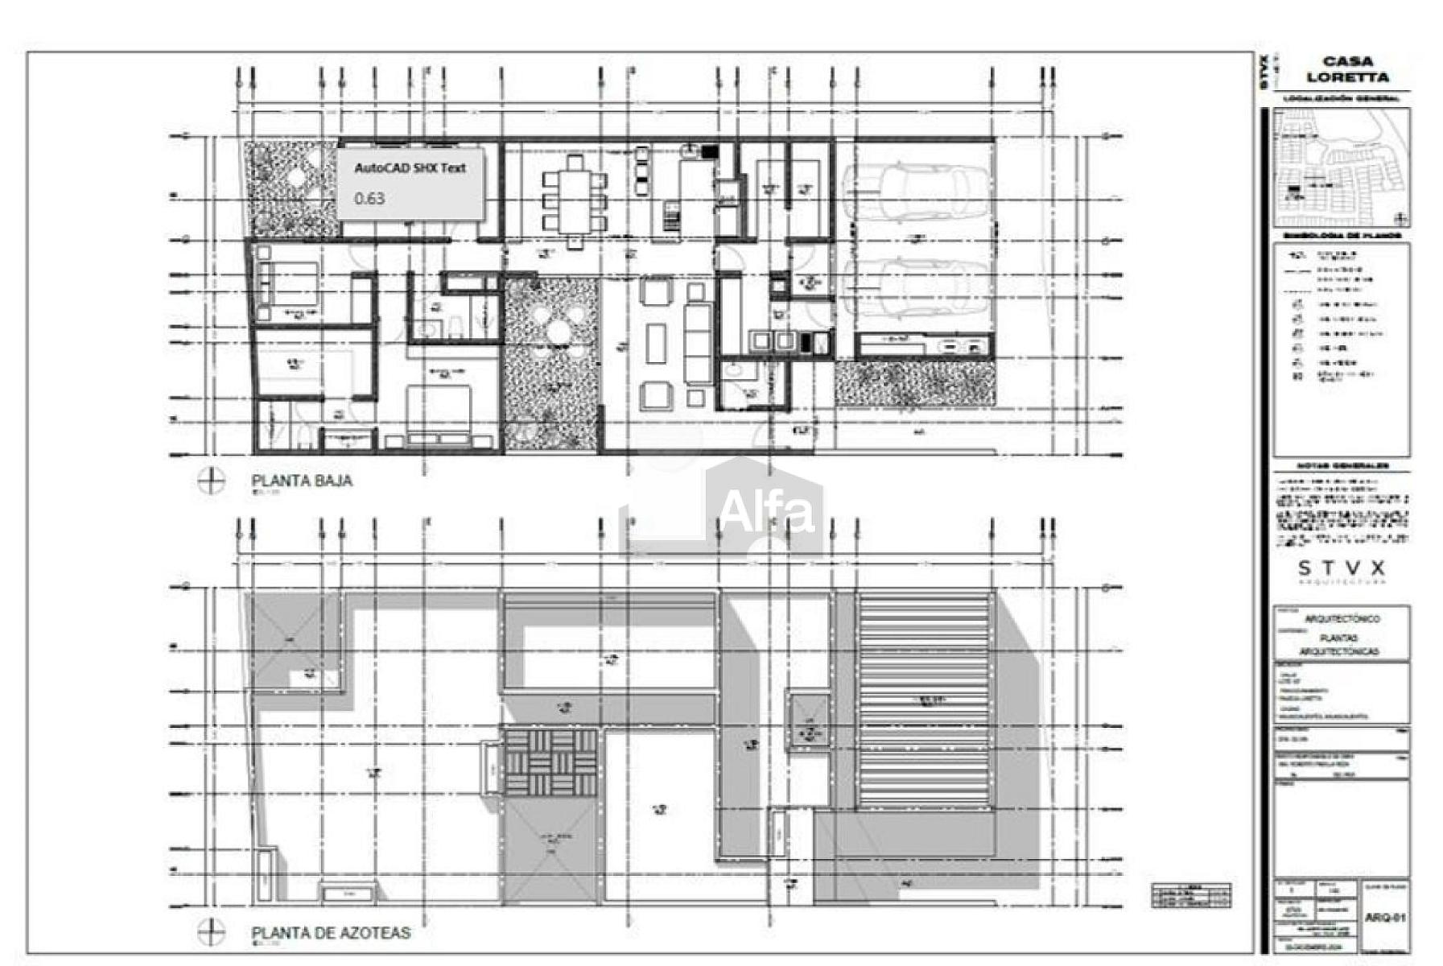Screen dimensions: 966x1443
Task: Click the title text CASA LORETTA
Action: [x=1347, y=69]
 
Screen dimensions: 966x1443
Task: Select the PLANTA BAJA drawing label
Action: [x=302, y=481]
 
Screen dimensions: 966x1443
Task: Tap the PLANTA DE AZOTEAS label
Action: [x=331, y=933]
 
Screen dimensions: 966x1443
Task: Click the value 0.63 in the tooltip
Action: [x=369, y=198]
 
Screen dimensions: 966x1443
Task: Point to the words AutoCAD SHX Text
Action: [x=410, y=168]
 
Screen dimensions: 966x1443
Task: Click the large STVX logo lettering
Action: [x=1342, y=568]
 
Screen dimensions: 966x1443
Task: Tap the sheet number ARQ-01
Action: [x=1385, y=917]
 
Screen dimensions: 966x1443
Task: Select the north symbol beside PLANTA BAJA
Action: [x=212, y=481]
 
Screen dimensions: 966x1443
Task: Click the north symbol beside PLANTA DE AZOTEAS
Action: [x=212, y=933]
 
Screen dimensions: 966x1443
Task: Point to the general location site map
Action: [x=1341, y=167]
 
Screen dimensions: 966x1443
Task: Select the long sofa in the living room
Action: [x=698, y=342]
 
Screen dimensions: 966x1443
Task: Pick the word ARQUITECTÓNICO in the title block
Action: [x=1342, y=618]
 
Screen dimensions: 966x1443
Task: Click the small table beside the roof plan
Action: [x=1190, y=895]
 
